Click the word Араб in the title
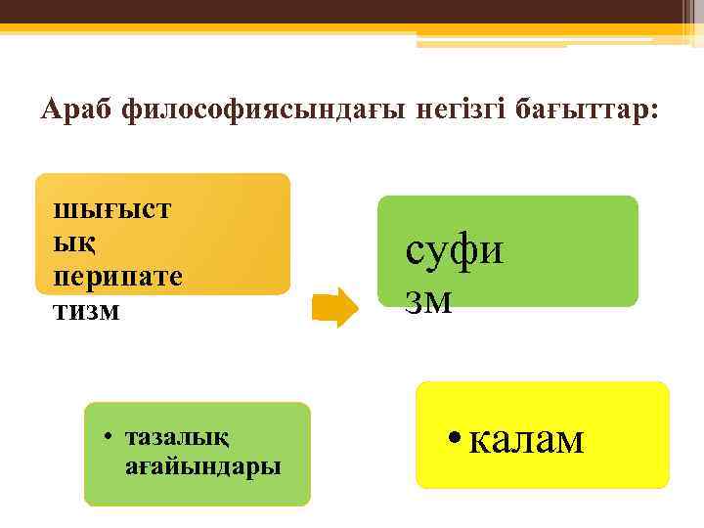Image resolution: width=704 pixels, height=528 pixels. point(76,110)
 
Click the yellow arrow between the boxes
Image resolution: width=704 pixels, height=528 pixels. point(336,307)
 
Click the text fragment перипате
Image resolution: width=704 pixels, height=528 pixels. point(118,276)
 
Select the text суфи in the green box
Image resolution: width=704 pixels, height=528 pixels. point(455,249)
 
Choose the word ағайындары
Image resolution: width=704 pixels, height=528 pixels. point(203,465)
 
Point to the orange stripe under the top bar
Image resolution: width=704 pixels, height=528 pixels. point(293,28)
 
